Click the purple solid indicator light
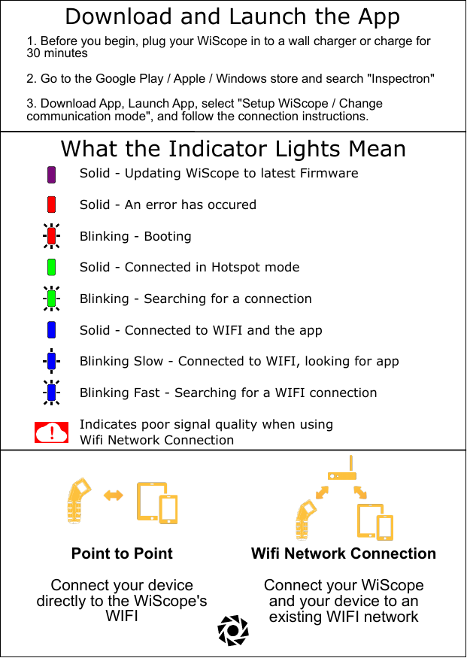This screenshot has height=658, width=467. point(52,174)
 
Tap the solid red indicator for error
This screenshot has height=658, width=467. point(52,205)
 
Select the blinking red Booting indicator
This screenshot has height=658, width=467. point(52,236)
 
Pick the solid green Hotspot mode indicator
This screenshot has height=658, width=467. point(52,267)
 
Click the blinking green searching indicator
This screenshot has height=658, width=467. point(52,299)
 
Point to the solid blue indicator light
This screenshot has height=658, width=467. point(52,329)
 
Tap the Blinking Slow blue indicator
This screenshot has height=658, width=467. point(52,361)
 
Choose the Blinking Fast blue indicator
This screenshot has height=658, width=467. point(52,392)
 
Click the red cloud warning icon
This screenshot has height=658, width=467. point(52,432)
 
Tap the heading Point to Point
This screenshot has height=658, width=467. point(122,553)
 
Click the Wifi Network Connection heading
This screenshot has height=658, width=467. point(344,553)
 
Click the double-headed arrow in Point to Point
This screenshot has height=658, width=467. point(114,495)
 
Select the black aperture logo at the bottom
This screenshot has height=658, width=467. point(232,630)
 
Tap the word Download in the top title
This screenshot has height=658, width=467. point(107,17)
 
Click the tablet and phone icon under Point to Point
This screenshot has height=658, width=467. point(157,502)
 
